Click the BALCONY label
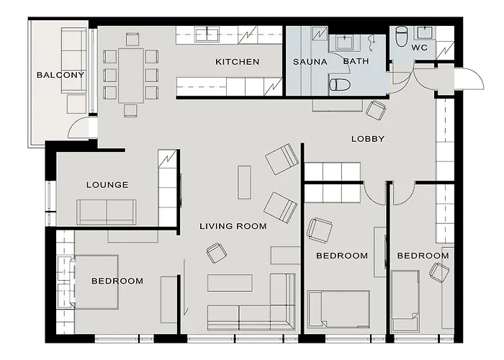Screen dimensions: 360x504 pyautogui.click(x=60, y=75)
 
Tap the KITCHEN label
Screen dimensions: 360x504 pyautogui.click(x=237, y=62)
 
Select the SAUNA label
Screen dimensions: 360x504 pyautogui.click(x=310, y=62)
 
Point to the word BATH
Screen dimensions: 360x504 pyautogui.click(x=356, y=61)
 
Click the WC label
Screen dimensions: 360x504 pyautogui.click(x=419, y=48)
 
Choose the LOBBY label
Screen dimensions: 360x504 pyautogui.click(x=367, y=138)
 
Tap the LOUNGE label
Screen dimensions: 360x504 pyautogui.click(x=107, y=185)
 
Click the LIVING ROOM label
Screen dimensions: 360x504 pyautogui.click(x=233, y=226)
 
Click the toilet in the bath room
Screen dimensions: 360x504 pyautogui.click(x=339, y=85)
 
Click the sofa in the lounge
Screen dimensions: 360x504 pyautogui.click(x=107, y=212)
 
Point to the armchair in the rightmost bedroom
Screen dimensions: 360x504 pyautogui.click(x=438, y=271)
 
